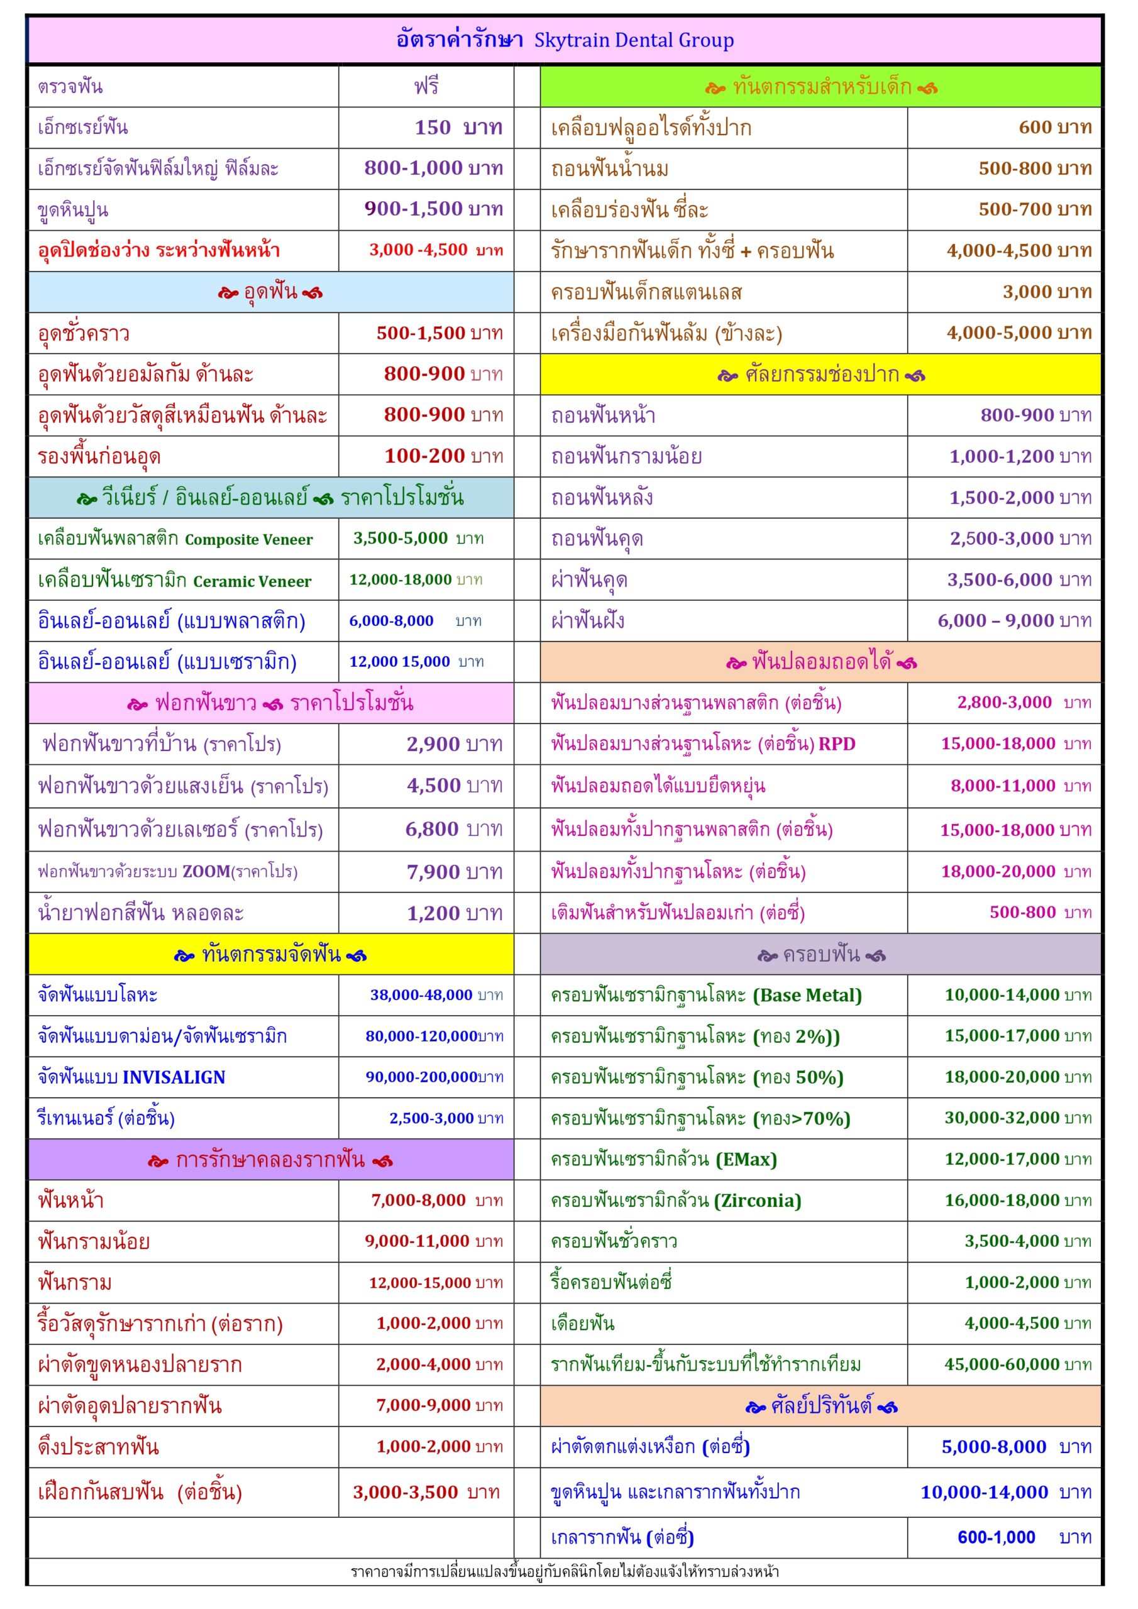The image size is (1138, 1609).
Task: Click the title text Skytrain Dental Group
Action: click(x=634, y=40)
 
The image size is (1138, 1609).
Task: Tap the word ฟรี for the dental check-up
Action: click(x=426, y=86)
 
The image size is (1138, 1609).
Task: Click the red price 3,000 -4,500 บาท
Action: click(x=436, y=250)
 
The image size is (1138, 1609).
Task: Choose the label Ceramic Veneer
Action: click(x=251, y=581)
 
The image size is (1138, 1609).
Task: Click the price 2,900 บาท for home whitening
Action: click(x=455, y=744)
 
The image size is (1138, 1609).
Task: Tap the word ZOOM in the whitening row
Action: click(x=206, y=872)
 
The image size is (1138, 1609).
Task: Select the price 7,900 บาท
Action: click(x=455, y=872)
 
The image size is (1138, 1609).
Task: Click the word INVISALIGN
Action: click(x=174, y=1077)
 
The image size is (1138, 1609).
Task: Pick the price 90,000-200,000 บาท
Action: click(x=434, y=1077)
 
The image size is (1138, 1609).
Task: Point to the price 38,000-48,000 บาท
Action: click(x=436, y=995)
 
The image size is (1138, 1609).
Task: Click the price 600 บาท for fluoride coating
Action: click(x=1054, y=127)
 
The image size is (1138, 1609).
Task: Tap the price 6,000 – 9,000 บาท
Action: click(x=1014, y=621)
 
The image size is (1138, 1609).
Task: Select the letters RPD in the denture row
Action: click(x=836, y=744)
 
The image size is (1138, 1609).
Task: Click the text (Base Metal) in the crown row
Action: click(x=807, y=995)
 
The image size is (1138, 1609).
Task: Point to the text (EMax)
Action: click(x=746, y=1160)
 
